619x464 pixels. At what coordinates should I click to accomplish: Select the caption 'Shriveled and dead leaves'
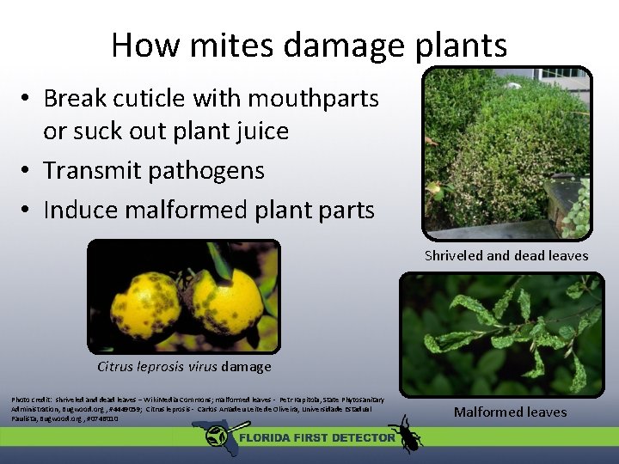click(506, 255)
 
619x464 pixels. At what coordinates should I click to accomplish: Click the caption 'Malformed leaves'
click(510, 412)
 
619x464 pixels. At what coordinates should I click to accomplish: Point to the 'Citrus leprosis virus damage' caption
click(184, 367)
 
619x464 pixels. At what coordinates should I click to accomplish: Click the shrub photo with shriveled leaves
click(506, 151)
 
